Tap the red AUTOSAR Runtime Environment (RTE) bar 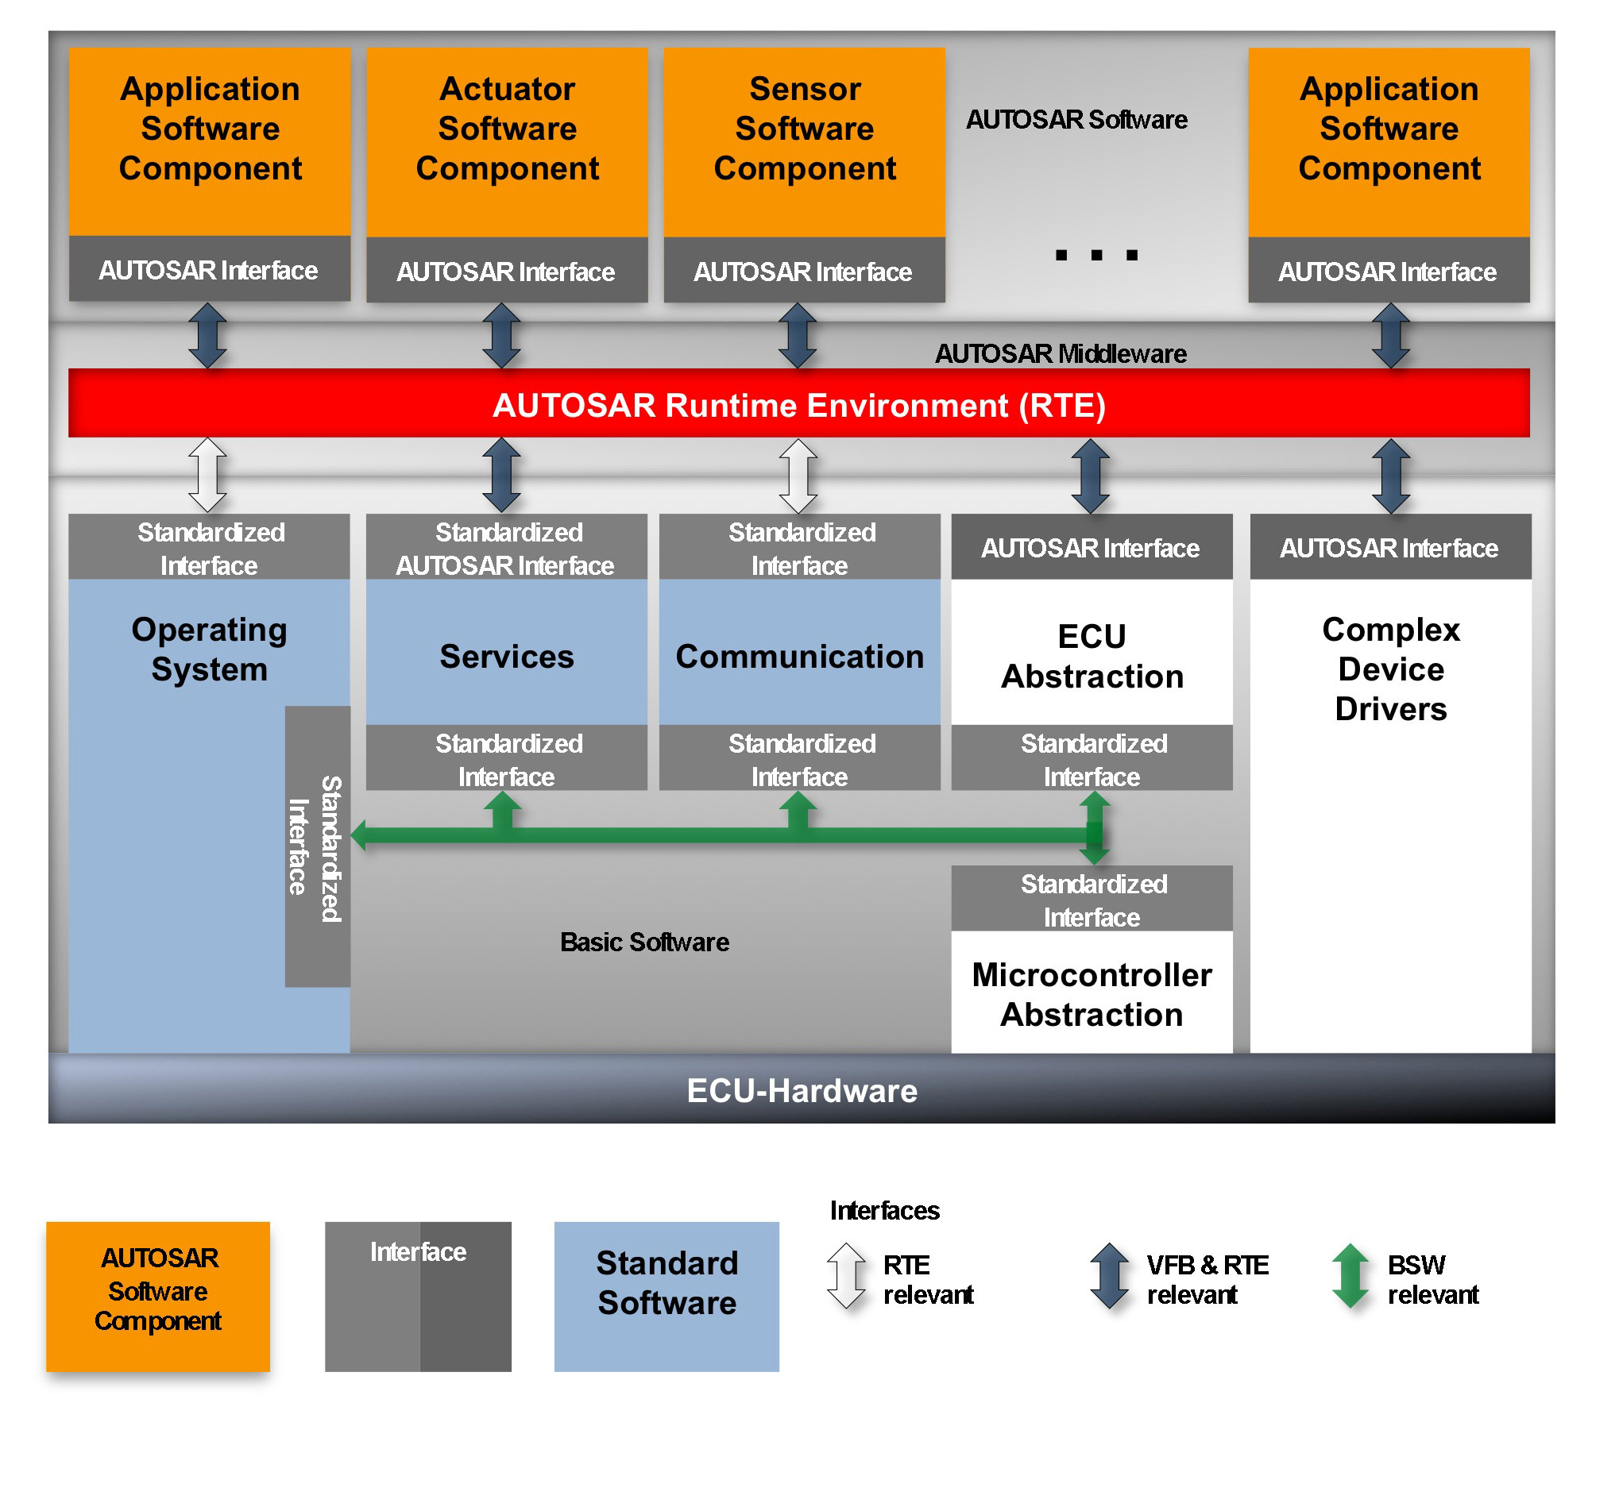point(799,405)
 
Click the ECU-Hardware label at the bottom point(802,1091)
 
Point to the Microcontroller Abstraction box point(1092,994)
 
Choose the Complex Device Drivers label point(1391,669)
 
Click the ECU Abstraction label point(1092,656)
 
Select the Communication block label point(800,656)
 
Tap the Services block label point(507,656)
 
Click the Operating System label point(209,649)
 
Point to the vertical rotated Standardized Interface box point(318,846)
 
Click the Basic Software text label point(644,942)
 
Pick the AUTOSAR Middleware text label point(1061,353)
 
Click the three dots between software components point(1096,256)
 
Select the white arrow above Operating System point(207,476)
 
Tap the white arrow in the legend point(847,1277)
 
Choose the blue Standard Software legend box point(667,1297)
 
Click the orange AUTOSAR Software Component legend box point(158,1297)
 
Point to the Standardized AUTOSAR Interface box point(507,548)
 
